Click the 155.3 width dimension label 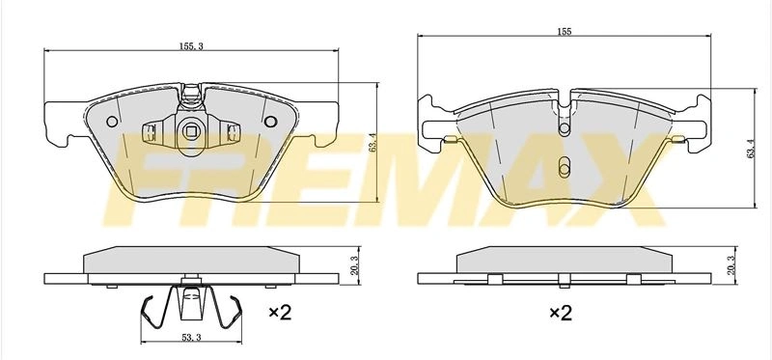click(191, 46)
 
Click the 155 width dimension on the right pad click(565, 32)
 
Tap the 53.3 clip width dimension click(191, 338)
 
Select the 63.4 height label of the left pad click(372, 142)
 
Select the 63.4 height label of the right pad click(751, 149)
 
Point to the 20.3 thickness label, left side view click(356, 265)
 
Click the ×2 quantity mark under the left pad click(280, 313)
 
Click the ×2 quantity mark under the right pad click(561, 313)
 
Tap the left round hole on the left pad click(112, 122)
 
